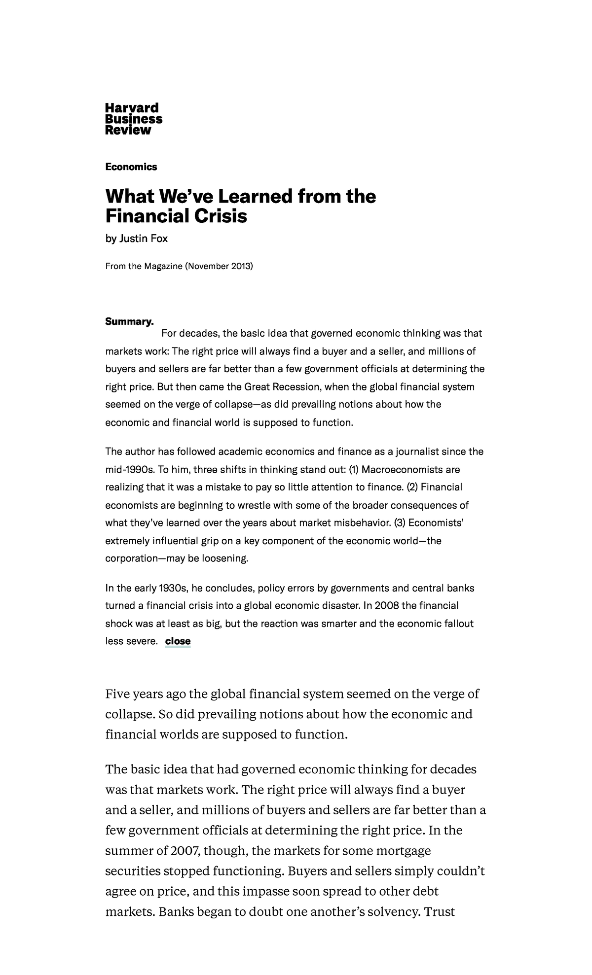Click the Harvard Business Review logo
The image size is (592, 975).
pyautogui.click(x=133, y=119)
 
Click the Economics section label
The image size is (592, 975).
pyautogui.click(x=131, y=167)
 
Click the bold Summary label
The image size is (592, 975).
pyautogui.click(x=129, y=321)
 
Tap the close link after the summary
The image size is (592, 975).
pyautogui.click(x=178, y=641)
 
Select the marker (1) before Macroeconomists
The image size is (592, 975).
pyautogui.click(x=354, y=469)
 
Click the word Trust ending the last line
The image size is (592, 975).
pyautogui.click(x=439, y=911)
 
